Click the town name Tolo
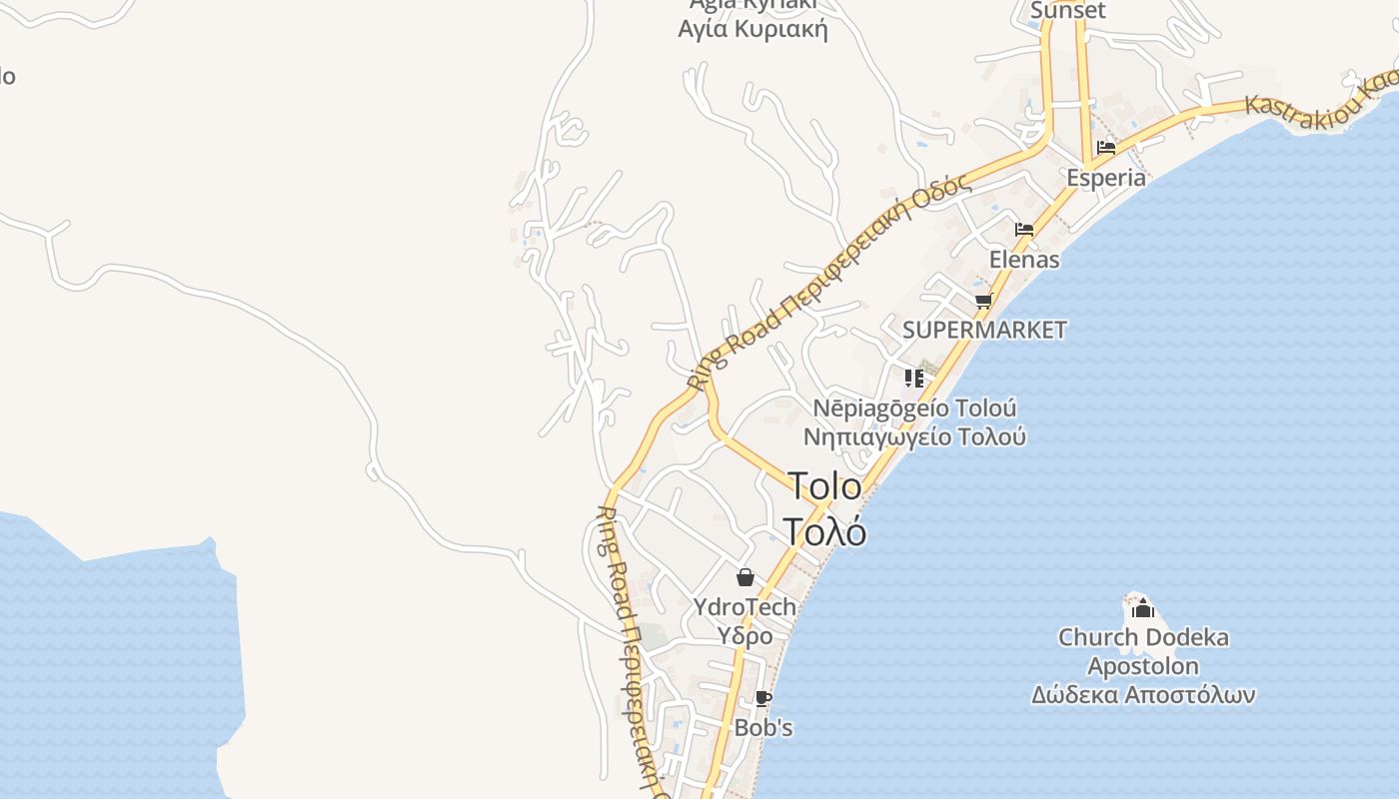pos(824,486)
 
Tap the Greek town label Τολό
pos(824,531)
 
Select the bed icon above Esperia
pos(1106,148)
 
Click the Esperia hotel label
pos(1106,178)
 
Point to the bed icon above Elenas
pos(1024,230)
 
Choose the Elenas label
pos(1024,260)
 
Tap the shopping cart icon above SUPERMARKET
pos(984,301)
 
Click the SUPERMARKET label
pos(984,330)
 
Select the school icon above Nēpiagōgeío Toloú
pos(914,379)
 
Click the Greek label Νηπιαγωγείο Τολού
pos(914,437)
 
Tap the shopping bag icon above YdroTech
pos(745,577)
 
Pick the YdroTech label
pos(745,606)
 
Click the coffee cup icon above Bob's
pos(763,698)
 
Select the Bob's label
pos(763,727)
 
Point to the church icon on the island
pos(1143,608)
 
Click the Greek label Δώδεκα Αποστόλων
pos(1143,695)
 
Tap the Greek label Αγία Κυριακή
pos(752,29)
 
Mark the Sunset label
pos(1068,11)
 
